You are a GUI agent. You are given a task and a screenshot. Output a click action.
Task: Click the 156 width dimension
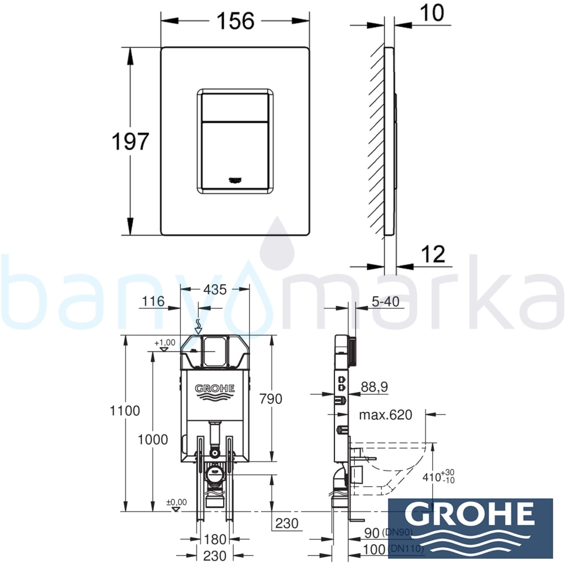[235, 21]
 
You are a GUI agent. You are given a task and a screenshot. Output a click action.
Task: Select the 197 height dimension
[131, 141]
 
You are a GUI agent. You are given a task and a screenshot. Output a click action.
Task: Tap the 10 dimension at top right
[432, 13]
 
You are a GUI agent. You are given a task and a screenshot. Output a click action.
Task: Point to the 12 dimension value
[433, 254]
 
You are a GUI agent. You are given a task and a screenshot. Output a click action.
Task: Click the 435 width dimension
[215, 289]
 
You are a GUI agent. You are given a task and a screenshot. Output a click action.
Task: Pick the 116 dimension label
[153, 301]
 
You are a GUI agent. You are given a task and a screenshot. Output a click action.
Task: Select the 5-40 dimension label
[385, 302]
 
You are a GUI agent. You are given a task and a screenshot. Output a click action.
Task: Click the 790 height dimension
[271, 399]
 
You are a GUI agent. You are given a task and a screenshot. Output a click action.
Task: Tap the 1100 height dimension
[125, 411]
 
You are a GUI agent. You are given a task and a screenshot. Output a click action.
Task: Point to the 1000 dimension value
[153, 440]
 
